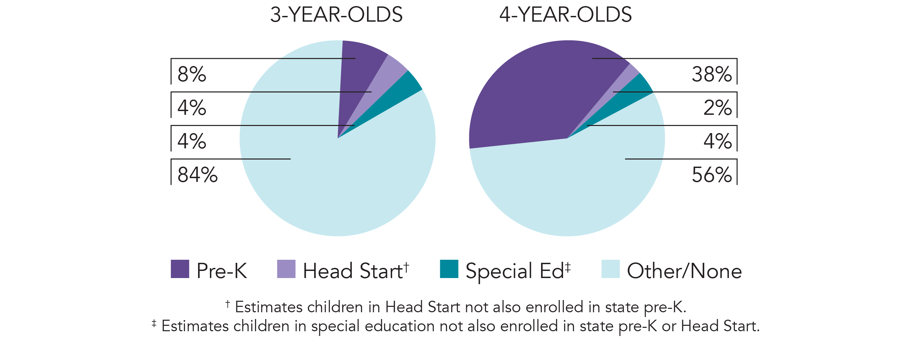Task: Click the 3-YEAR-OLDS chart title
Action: click(336, 15)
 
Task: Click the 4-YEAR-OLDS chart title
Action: click(565, 15)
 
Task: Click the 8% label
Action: click(192, 74)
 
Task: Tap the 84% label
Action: click(197, 174)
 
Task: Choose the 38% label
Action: click(712, 74)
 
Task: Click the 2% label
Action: click(717, 108)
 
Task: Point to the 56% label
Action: click(712, 174)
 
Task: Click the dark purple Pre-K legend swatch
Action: click(180, 269)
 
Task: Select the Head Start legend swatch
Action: click(286, 269)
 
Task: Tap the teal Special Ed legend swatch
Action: click(449, 269)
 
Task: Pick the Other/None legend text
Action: click(684, 271)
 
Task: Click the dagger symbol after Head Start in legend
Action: click(406, 267)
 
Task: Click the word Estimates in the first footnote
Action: click(268, 307)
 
